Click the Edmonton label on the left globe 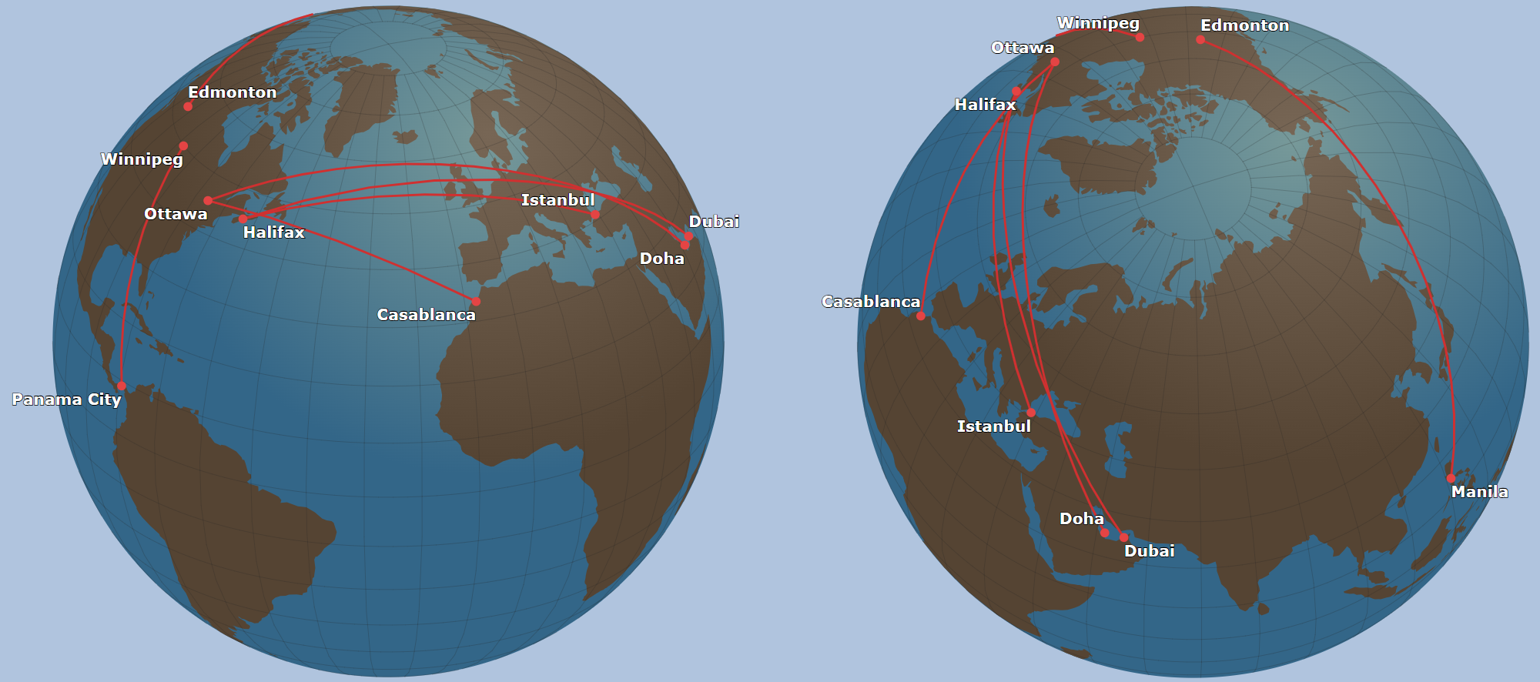232,92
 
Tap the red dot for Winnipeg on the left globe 183,145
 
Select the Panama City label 66,400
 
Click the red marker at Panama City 122,386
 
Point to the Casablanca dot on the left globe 476,301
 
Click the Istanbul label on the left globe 557,200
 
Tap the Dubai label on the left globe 714,222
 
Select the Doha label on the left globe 661,259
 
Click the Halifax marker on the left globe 243,219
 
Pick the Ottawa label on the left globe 176,214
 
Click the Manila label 1479,492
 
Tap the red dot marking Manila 1451,478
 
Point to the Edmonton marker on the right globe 1200,39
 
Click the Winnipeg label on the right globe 1098,23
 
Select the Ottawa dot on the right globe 1055,62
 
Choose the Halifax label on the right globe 985,105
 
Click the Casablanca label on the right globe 871,302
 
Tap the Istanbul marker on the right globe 1031,412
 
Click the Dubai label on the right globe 1149,551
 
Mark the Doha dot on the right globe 1104,532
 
